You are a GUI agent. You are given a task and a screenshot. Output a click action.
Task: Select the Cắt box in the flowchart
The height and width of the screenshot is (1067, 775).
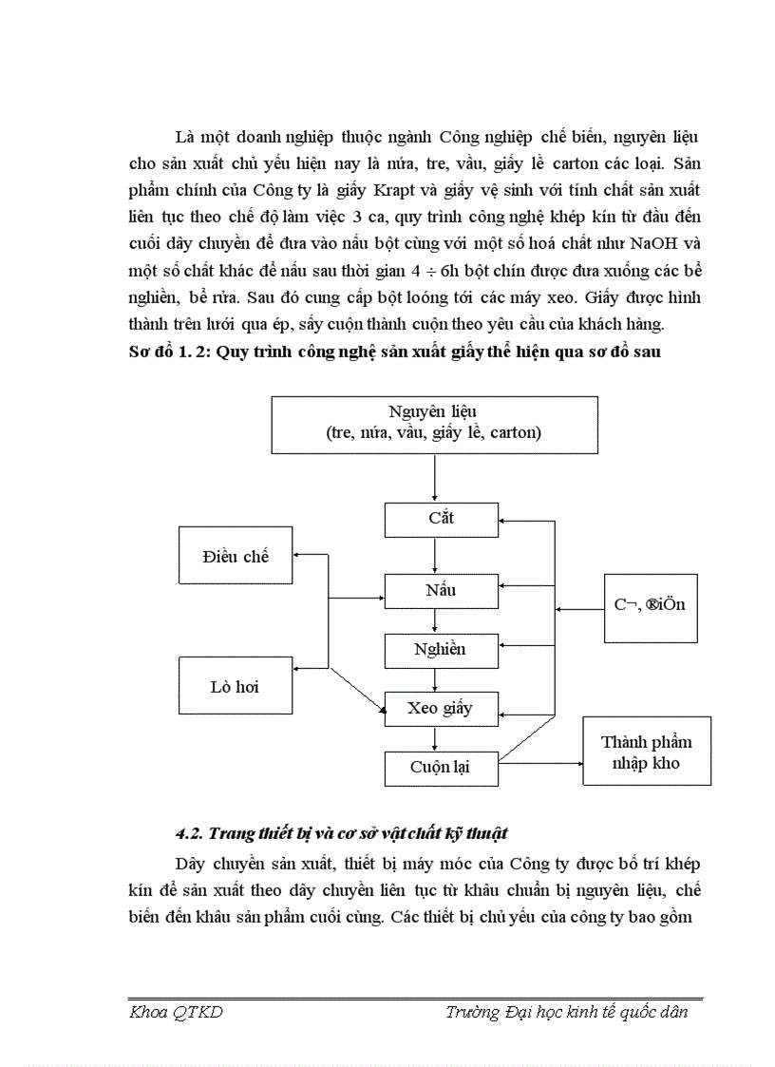(x=441, y=519)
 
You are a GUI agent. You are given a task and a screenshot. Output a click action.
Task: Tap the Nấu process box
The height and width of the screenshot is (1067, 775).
(x=441, y=590)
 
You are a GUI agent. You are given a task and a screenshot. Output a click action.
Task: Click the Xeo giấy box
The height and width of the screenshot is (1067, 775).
(x=440, y=709)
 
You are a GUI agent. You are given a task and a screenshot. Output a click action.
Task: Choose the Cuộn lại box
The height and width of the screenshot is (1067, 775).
(x=441, y=766)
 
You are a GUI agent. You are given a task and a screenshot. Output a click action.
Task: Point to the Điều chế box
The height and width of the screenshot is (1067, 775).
(x=236, y=557)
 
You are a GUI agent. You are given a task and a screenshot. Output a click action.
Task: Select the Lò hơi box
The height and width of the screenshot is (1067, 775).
(x=236, y=686)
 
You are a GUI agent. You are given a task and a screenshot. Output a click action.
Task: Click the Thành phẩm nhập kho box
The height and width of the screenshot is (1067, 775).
(x=647, y=753)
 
